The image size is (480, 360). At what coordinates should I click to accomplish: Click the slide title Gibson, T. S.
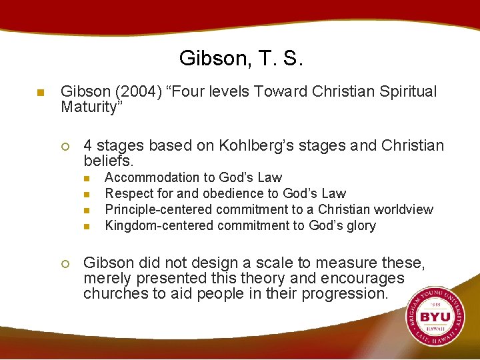click(241, 59)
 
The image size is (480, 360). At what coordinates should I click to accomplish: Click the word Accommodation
click(147, 177)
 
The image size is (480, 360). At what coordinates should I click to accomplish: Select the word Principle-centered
click(159, 209)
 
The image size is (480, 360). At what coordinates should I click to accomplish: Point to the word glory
click(361, 225)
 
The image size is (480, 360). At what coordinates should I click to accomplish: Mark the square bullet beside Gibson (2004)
click(40, 93)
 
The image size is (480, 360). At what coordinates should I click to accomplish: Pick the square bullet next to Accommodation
click(86, 178)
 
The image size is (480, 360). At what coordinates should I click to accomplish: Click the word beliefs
click(109, 161)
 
